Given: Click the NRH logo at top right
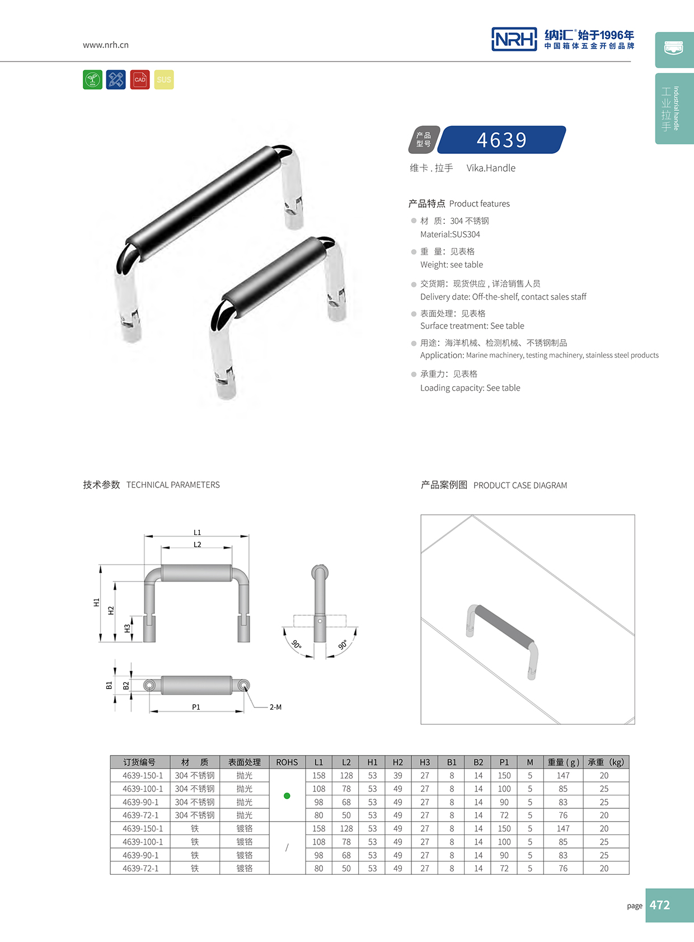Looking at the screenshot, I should coord(514,39).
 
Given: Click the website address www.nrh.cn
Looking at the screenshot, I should coord(106,45).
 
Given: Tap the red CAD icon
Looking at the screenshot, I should coord(140,79).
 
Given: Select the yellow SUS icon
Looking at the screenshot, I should coord(164,79).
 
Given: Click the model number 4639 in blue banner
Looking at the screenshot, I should coord(501,140).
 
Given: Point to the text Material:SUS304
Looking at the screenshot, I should coord(450,235).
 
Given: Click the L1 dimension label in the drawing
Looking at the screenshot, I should coord(197,532).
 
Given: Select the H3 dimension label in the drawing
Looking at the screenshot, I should coord(128,629).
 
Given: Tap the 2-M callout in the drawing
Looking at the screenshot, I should coord(275,707).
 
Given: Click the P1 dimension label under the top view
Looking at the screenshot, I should coord(196,707).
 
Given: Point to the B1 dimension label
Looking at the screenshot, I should coord(109,685).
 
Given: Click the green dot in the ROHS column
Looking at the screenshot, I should coord(287,795).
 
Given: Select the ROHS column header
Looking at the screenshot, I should coord(287,762).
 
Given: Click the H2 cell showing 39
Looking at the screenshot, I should coord(398,776).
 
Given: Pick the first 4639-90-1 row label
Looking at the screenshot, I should coord(140,802).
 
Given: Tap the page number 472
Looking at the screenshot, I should coord(660,905).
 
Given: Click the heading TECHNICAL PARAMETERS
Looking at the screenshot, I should coord(173,485).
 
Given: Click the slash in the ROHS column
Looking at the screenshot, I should coord(287,848).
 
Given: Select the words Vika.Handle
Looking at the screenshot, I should coord(491,168).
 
